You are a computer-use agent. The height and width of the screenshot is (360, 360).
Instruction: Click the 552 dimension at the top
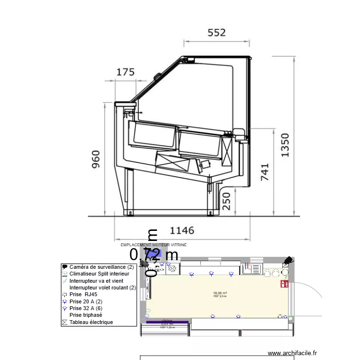pyautogui.click(x=216, y=33)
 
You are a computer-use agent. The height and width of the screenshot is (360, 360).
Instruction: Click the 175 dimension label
pyautogui.click(x=126, y=72)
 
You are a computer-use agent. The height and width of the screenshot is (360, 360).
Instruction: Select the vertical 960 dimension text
pyautogui.click(x=96, y=159)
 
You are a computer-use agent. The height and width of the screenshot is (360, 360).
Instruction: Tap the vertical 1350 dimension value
pyautogui.click(x=285, y=145)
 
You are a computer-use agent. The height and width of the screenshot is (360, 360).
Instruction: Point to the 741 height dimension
pyautogui.click(x=264, y=172)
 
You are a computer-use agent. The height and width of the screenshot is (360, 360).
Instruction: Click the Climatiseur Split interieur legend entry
pyautogui.click(x=99, y=274)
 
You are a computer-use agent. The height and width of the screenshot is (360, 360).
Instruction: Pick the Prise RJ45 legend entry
pyautogui.click(x=87, y=294)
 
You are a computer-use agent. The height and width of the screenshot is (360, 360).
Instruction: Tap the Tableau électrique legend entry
pyautogui.click(x=91, y=322)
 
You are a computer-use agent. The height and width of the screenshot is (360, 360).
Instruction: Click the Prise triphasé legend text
pyautogui.click(x=89, y=315)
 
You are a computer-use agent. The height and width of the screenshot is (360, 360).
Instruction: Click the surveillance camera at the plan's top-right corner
pyautogui.click(x=288, y=261)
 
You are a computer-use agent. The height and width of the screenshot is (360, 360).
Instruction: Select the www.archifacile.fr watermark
pyautogui.click(x=292, y=353)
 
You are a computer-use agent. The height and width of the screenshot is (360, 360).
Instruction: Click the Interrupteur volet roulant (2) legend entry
pyautogui.click(x=103, y=288)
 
